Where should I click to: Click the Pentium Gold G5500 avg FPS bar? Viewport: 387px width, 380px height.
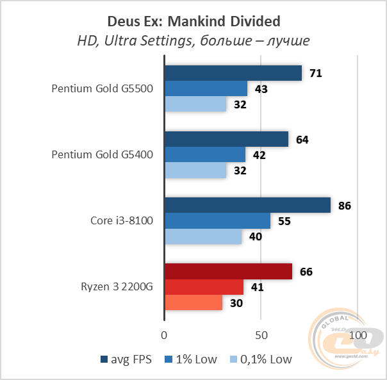[x=233, y=73]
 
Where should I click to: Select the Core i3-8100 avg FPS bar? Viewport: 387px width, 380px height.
[x=247, y=205]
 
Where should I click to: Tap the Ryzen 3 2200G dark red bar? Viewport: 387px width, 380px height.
[x=228, y=271]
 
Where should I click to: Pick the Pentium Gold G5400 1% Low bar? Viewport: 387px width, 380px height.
[x=205, y=154]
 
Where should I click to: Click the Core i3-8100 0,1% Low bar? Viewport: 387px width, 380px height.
[x=203, y=237]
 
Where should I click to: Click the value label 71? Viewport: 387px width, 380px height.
[x=315, y=74]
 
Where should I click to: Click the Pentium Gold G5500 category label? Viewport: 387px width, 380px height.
[x=102, y=89]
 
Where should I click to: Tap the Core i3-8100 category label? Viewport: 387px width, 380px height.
[x=122, y=221]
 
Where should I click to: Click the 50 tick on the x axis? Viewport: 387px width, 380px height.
[x=260, y=336]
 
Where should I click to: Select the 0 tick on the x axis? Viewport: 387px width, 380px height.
[x=165, y=336]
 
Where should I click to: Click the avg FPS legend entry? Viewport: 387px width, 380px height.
[x=126, y=359]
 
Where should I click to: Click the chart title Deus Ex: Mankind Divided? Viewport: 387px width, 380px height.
[x=193, y=22]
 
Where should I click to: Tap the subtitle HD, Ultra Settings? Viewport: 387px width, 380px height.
[x=193, y=40]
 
